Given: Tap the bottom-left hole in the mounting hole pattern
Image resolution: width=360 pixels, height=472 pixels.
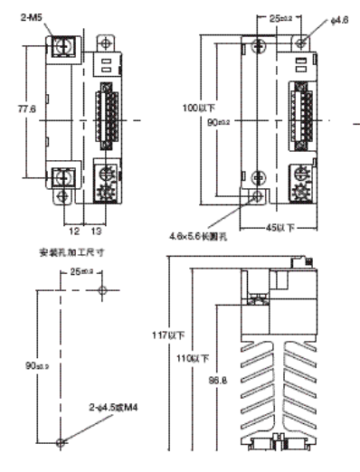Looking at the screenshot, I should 61,442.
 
